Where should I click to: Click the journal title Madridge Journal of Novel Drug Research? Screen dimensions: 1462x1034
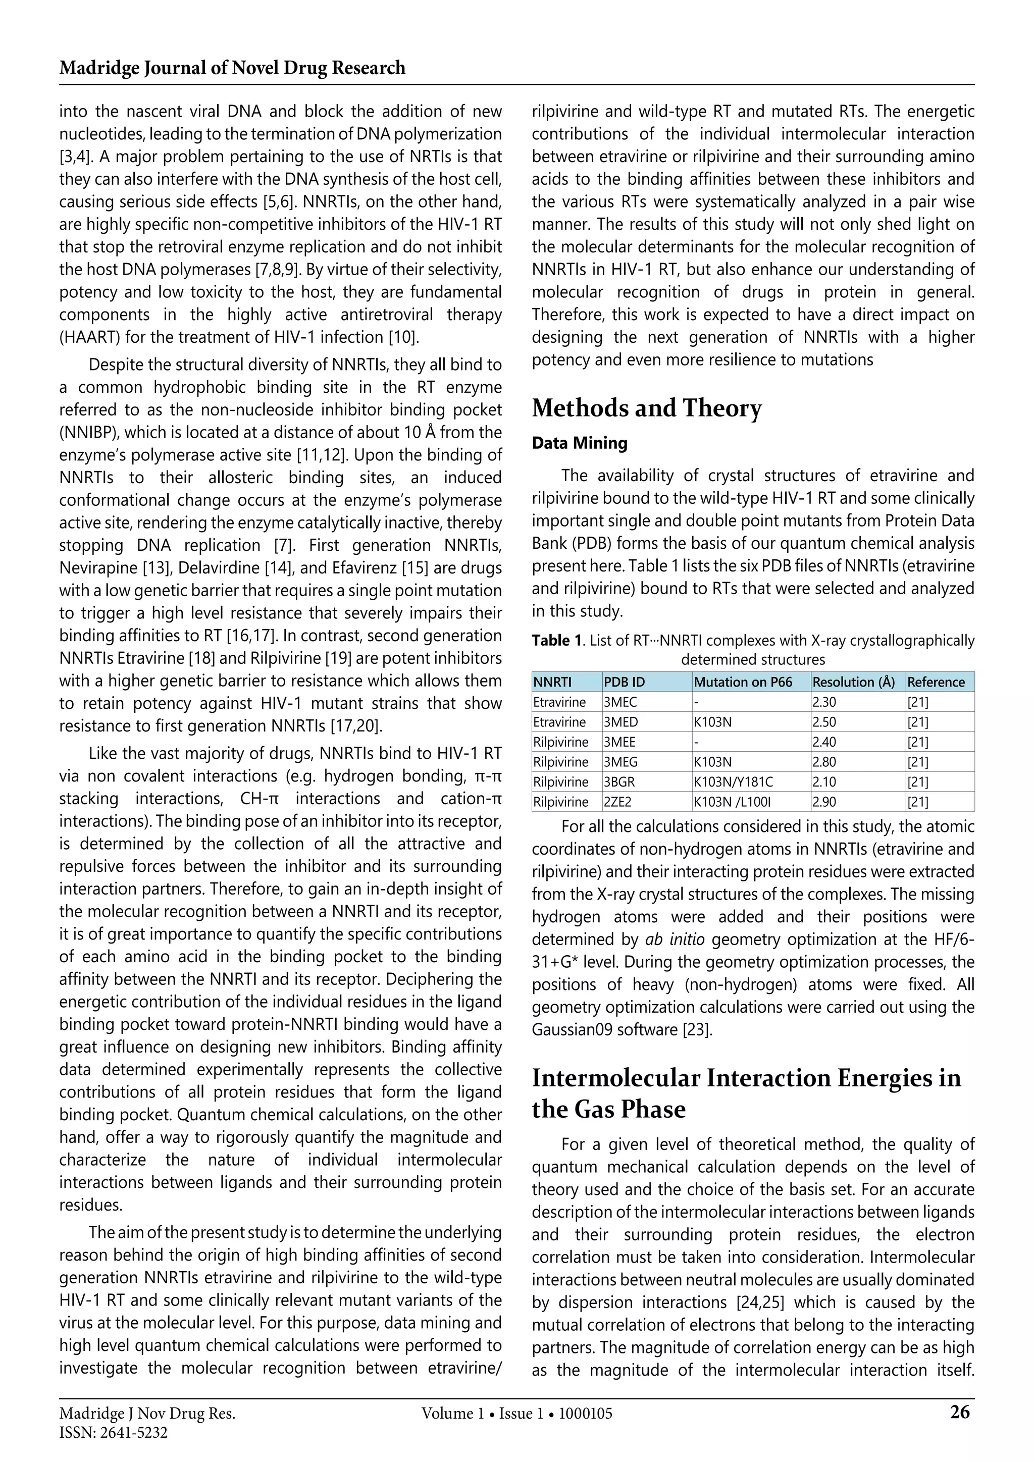click(232, 68)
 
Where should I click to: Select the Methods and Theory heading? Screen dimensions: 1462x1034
click(646, 408)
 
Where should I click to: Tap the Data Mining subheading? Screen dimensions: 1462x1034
click(580, 443)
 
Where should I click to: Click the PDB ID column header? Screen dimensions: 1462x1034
click(624, 682)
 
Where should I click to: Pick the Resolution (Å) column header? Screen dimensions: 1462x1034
click(853, 682)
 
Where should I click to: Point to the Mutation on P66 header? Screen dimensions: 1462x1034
click(743, 682)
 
